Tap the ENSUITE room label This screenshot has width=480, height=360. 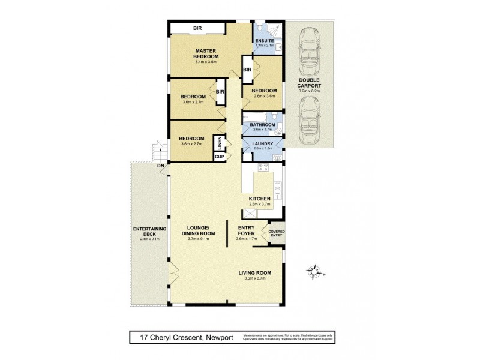coord(264,40)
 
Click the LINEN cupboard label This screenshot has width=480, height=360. coord(220,143)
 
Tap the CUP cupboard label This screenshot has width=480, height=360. coord(219,157)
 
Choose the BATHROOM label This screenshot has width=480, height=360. coord(262,125)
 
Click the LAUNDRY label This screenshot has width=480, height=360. coord(263,143)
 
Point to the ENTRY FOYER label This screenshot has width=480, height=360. coord(247,231)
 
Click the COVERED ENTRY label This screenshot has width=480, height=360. coord(277,233)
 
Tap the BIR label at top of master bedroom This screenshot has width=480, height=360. coord(197,28)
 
